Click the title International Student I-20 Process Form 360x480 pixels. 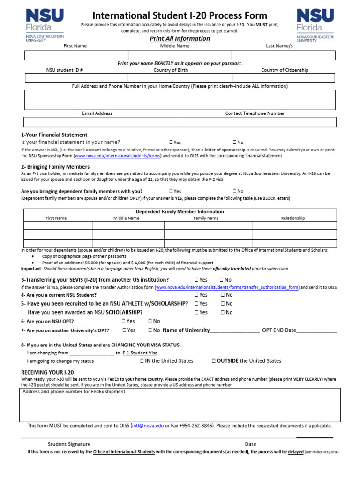coord(180,16)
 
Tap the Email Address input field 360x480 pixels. coord(102,122)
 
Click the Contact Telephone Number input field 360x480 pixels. coord(258,122)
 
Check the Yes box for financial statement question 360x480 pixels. coord(171,142)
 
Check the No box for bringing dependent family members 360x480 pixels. coord(234,191)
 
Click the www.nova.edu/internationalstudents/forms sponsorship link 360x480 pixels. coord(118,156)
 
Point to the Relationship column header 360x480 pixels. coord(293,218)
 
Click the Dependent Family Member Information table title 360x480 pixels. coord(180,212)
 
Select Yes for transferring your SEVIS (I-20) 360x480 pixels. coord(197,280)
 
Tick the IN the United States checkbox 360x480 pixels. coord(142,361)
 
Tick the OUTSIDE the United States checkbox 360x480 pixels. coord(214,361)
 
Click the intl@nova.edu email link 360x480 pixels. coord(148,426)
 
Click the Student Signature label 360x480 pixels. coord(69,444)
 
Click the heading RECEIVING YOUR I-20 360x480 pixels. coord(47,372)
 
